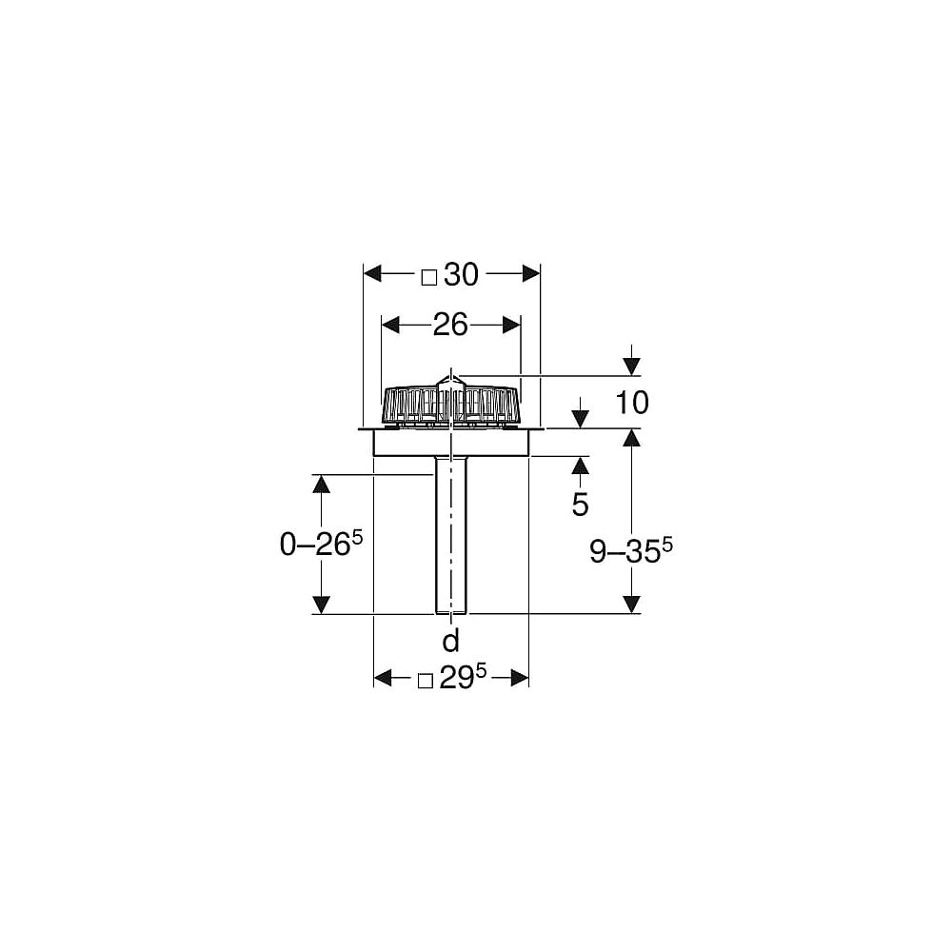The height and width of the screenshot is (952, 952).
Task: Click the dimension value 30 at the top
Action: click(x=460, y=275)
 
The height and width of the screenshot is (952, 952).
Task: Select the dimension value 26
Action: click(x=450, y=326)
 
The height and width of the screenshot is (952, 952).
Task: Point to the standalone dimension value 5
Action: click(x=580, y=505)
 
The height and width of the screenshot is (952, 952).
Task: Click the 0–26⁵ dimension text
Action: click(x=322, y=545)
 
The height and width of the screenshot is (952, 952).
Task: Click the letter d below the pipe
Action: click(x=450, y=638)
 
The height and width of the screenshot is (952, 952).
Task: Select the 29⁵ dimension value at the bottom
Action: click(x=464, y=679)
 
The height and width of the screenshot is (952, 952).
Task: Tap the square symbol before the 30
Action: click(x=428, y=277)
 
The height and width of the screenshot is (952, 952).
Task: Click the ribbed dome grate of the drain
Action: click(x=450, y=404)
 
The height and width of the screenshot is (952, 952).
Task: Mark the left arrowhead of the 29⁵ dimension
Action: click(x=383, y=678)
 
